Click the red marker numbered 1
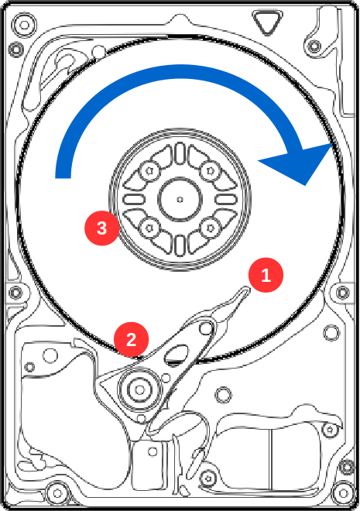[266, 275]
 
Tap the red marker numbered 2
[132, 339]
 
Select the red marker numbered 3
[102, 228]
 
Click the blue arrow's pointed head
[332, 143]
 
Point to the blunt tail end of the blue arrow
[63, 178]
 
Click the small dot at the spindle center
[180, 200]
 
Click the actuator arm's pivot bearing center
[140, 389]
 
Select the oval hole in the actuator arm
[177, 355]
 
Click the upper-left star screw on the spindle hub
[149, 170]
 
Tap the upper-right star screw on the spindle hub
[210, 170]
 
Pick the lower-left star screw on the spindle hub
[149, 228]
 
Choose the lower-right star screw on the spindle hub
[210, 228]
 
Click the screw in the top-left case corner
[25, 25]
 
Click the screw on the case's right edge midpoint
[342, 293]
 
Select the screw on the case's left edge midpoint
[15, 293]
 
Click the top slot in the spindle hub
[180, 154]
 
